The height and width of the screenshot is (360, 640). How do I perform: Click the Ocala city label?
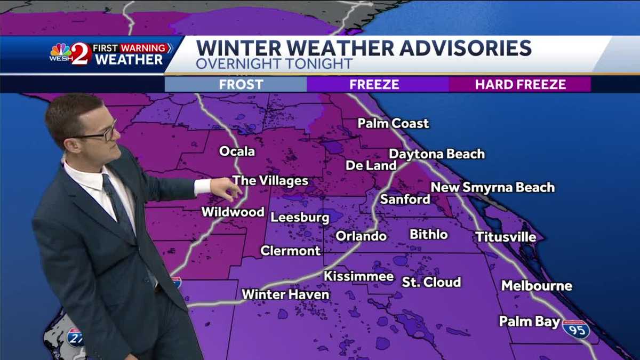click(237, 151)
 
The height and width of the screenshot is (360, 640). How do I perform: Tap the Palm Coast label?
click(393, 124)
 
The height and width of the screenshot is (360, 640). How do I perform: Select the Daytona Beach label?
click(437, 154)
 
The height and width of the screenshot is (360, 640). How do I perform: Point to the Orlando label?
click(361, 236)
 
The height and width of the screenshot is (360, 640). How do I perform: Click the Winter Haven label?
click(285, 294)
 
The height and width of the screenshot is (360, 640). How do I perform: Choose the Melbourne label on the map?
click(537, 286)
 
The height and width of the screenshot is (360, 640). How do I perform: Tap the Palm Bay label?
click(530, 322)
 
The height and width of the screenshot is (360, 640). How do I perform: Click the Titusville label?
click(506, 237)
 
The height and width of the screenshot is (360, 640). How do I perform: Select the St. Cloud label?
click(431, 282)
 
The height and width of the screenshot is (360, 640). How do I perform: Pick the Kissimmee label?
click(359, 276)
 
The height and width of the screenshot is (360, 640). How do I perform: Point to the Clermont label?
click(291, 251)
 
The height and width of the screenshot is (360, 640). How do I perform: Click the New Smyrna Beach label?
click(493, 188)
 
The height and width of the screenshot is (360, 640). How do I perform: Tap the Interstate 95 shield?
click(576, 330)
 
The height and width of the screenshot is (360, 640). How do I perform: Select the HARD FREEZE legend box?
click(520, 84)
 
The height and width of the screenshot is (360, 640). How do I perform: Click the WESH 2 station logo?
click(70, 54)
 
